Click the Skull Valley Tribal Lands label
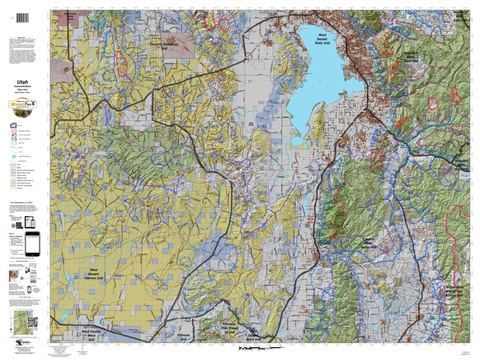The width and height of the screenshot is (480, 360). pos(72,16)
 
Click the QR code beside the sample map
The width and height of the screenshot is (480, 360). pos(32,322)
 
